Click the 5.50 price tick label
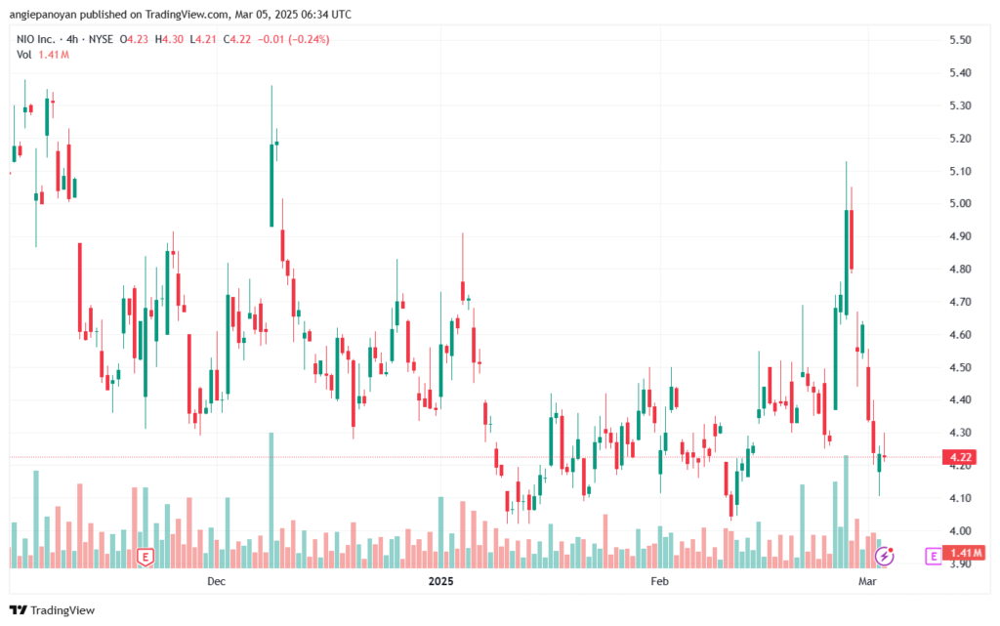(x=960, y=39)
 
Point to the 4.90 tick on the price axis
(x=960, y=236)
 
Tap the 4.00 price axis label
(x=960, y=531)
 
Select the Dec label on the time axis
(x=216, y=581)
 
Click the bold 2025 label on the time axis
(x=440, y=581)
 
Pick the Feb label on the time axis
(x=659, y=581)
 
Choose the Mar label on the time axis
(x=867, y=581)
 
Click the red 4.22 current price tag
(x=959, y=457)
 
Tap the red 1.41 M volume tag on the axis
(x=964, y=553)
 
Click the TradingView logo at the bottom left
(x=53, y=610)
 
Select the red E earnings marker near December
(x=146, y=558)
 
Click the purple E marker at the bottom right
(x=933, y=556)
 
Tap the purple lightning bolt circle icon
(x=884, y=556)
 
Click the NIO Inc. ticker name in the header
(x=36, y=39)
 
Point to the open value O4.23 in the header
(x=134, y=39)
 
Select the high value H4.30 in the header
(x=169, y=39)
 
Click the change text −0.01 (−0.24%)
(x=293, y=39)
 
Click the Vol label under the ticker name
(x=23, y=55)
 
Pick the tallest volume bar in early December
(x=271, y=500)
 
